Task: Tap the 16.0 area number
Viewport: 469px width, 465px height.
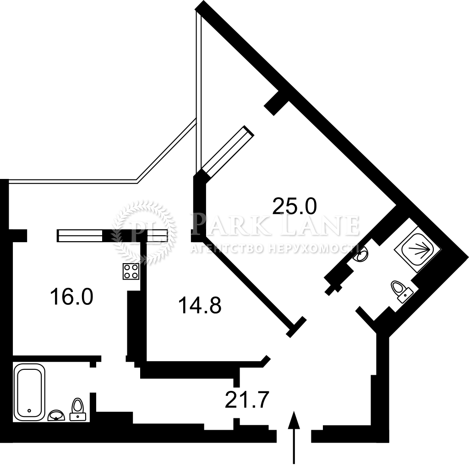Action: tap(72, 296)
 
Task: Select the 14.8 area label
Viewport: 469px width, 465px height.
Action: tap(200, 305)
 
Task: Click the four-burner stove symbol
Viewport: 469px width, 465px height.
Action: tap(131, 271)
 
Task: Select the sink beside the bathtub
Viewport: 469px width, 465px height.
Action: tap(56, 416)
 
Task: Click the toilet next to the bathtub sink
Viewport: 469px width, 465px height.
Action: tap(78, 410)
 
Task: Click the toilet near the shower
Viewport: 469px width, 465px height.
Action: tap(401, 291)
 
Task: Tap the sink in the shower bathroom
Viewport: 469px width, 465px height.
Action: tap(361, 254)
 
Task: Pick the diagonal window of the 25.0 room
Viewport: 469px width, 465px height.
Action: tap(227, 153)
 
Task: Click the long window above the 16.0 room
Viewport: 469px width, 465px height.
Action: tap(80, 236)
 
